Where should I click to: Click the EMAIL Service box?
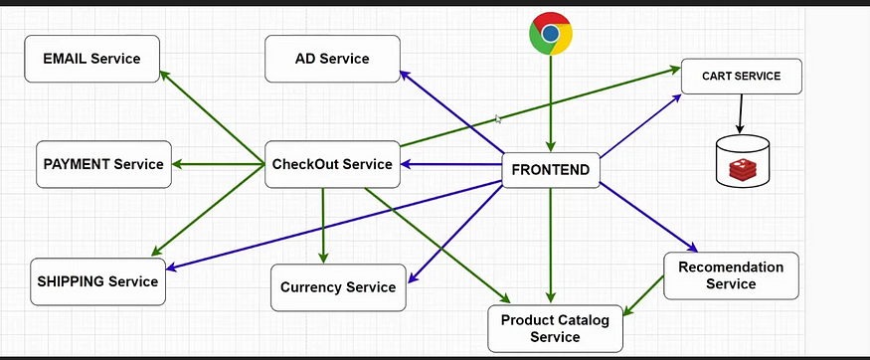tap(91, 59)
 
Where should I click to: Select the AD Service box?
tap(332, 59)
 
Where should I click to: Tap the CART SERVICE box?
tap(741, 77)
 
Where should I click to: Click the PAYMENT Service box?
tap(103, 164)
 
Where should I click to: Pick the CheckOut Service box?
tap(332, 164)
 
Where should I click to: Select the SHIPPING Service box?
tap(97, 281)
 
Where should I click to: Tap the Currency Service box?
tap(338, 287)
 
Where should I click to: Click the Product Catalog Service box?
tap(555, 328)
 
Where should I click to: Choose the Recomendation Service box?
tap(731, 275)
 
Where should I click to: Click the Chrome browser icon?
tap(550, 34)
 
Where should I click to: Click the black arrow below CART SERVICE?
tap(739, 113)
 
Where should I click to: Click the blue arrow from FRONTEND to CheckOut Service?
tap(452, 165)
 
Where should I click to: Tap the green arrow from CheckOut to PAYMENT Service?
tap(219, 164)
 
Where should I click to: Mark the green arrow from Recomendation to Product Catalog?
tap(643, 296)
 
